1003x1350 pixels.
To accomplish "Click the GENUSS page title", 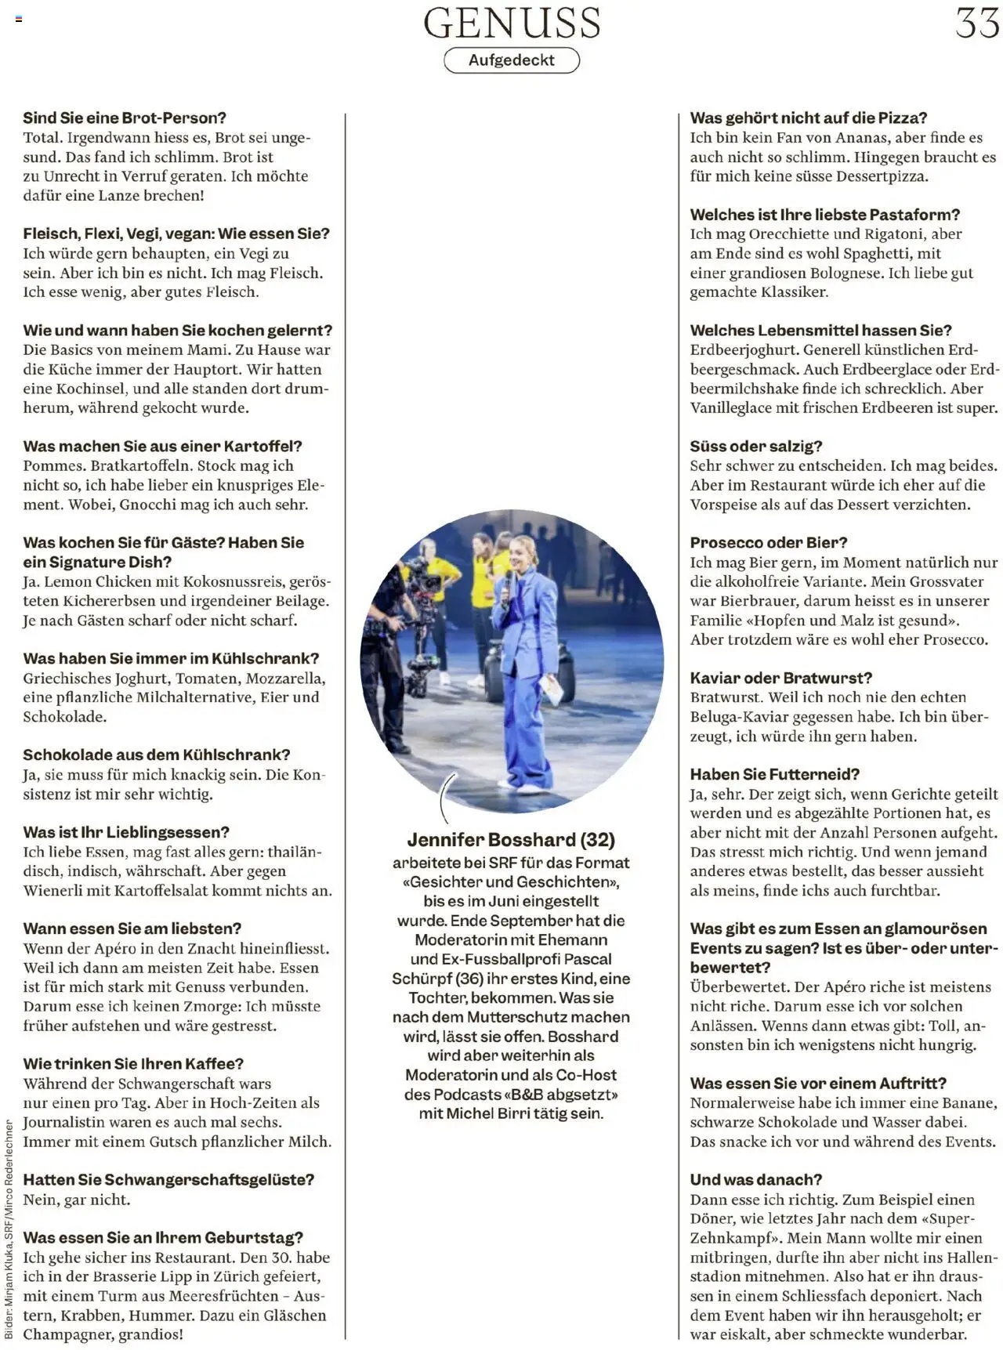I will [512, 23].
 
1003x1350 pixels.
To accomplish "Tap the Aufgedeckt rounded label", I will [512, 60].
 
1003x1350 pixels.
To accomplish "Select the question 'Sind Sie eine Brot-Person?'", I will [125, 118].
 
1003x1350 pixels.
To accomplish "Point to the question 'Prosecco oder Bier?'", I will [768, 543].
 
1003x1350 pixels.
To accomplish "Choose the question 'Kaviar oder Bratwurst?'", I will [780, 679].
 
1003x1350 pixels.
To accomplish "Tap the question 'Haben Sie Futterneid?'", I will [774, 775].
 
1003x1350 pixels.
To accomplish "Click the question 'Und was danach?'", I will [755, 1180].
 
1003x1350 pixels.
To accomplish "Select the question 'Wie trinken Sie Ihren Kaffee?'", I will [133, 1064].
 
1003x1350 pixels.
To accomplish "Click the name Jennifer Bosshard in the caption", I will [491, 840].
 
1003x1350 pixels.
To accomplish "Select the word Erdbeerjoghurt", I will [742, 350].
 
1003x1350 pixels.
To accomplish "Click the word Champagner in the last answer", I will [67, 1334].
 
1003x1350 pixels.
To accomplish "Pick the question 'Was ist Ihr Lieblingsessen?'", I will [125, 833].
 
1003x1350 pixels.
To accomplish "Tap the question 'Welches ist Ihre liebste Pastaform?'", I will [824, 215].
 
